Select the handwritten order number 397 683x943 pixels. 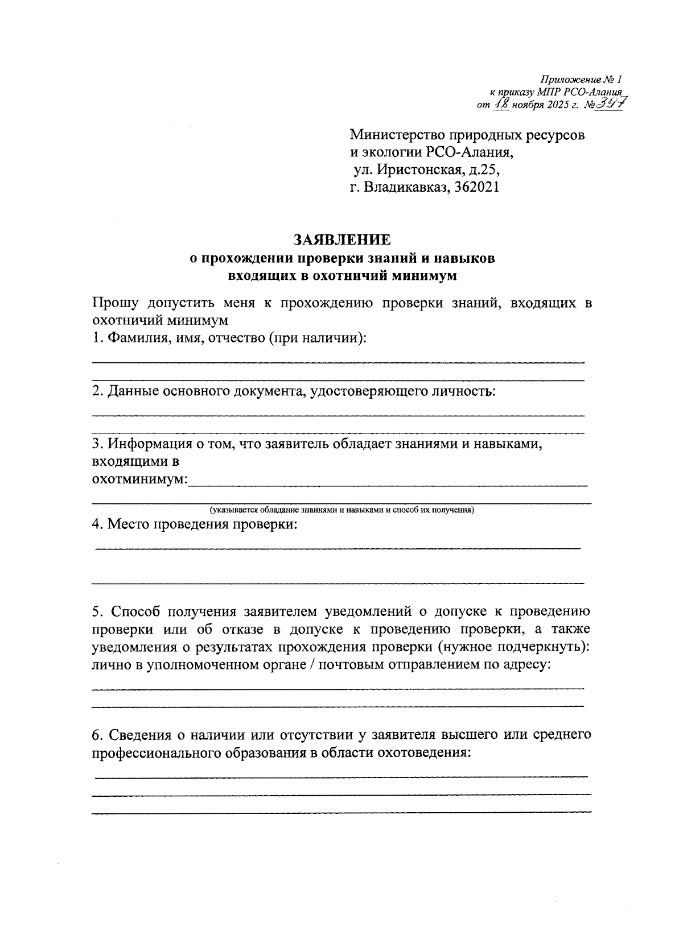608,104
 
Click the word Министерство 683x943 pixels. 398,135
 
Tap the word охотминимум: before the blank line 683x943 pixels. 139,479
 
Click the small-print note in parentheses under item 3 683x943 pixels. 341,510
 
